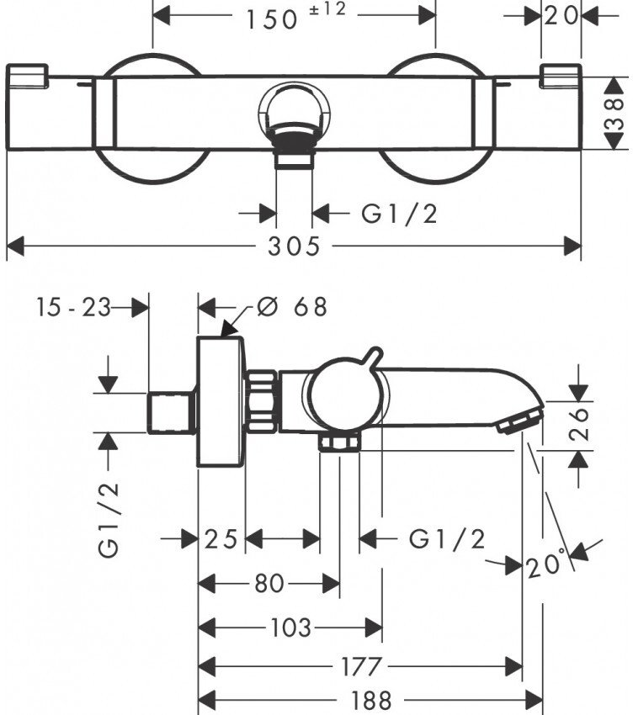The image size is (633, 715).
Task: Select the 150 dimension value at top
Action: pyautogui.click(x=273, y=19)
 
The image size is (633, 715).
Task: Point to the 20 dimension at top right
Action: pyautogui.click(x=560, y=15)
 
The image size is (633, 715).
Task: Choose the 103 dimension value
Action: pyautogui.click(x=291, y=627)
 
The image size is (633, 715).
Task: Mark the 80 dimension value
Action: pyautogui.click(x=269, y=582)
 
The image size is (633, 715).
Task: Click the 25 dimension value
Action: pyautogui.click(x=221, y=538)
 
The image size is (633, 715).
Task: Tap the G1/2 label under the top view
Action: pyautogui.click(x=400, y=214)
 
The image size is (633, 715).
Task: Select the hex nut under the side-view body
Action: pyautogui.click(x=341, y=442)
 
